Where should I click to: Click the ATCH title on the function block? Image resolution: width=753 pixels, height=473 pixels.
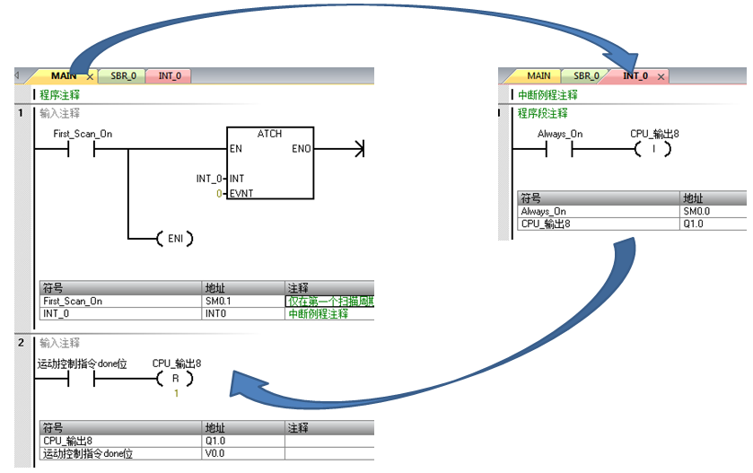(x=269, y=134)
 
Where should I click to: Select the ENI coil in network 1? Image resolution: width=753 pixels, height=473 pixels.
(x=174, y=239)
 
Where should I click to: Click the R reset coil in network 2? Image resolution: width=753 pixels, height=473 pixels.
(x=176, y=379)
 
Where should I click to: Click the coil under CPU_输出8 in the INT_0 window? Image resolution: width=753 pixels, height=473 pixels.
(x=653, y=149)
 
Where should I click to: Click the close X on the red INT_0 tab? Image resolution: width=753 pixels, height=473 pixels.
(x=661, y=77)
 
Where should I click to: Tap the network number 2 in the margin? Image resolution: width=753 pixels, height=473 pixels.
(x=19, y=343)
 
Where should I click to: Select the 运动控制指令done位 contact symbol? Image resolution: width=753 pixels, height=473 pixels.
(x=82, y=379)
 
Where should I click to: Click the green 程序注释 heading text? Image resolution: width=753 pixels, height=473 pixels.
(x=59, y=94)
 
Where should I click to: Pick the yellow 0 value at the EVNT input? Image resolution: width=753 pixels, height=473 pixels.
(x=220, y=193)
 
